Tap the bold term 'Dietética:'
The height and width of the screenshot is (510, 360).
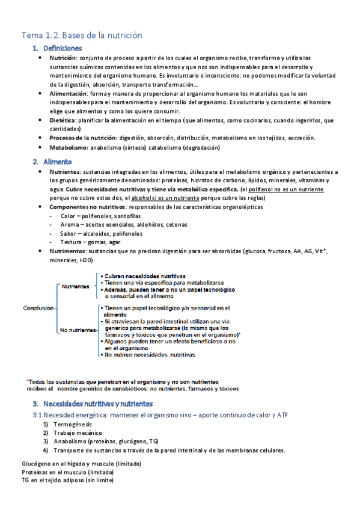67,120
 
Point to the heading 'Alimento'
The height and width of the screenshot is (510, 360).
58,162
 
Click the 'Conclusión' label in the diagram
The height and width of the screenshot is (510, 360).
38,308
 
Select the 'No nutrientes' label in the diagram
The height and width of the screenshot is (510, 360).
77,330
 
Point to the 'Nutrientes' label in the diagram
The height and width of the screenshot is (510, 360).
75,286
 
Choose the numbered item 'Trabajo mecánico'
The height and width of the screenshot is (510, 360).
78,433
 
